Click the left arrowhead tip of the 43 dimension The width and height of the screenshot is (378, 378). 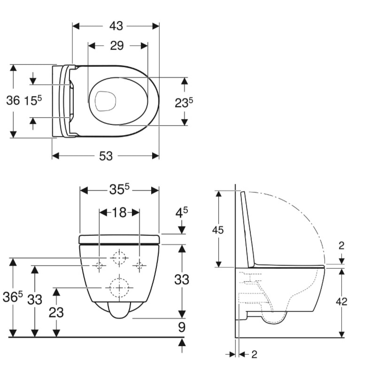click(73, 26)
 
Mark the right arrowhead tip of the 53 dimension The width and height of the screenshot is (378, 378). click(159, 156)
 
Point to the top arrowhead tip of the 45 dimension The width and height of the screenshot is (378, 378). click(219, 191)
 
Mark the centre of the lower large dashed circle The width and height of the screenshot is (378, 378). click(119, 288)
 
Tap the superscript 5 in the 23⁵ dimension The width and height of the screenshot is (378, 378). click(191, 100)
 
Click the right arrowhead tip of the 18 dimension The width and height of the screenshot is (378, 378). click(140, 213)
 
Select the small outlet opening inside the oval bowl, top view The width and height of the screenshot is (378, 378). click(105, 101)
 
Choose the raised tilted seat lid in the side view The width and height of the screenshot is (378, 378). click(248, 230)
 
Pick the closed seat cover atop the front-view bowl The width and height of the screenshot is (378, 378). click(119, 240)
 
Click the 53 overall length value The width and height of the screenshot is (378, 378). click(106, 156)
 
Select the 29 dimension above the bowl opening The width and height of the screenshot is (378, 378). click(117, 46)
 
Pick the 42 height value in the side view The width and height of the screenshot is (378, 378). click(341, 301)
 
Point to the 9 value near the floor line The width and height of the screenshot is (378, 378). click(182, 328)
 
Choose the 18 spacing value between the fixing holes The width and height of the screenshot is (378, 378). click(119, 213)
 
